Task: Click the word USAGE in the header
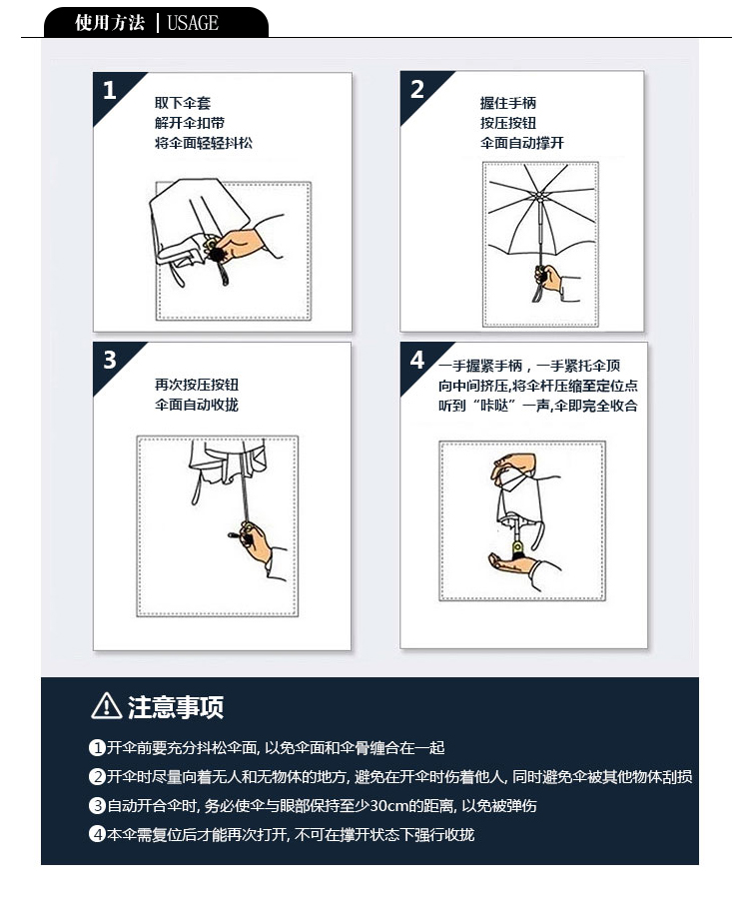tap(193, 23)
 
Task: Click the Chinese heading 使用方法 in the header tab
tap(110, 23)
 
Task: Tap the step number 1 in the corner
tap(110, 90)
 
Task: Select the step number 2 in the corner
tap(417, 89)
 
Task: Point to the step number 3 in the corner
tap(110, 361)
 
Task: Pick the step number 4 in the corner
tap(417, 360)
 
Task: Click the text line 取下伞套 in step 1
tap(183, 103)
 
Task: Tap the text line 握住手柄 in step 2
tap(508, 103)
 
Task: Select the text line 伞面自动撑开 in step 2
tap(522, 143)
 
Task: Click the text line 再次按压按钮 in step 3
tap(197, 385)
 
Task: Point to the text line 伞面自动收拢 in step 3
tap(197, 405)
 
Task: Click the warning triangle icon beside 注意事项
tap(107, 706)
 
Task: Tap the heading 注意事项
tap(176, 707)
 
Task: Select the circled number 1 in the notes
tap(97, 747)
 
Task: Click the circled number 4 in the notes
tap(97, 834)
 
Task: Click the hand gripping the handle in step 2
tap(549, 279)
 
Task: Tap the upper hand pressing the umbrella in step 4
tap(512, 467)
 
